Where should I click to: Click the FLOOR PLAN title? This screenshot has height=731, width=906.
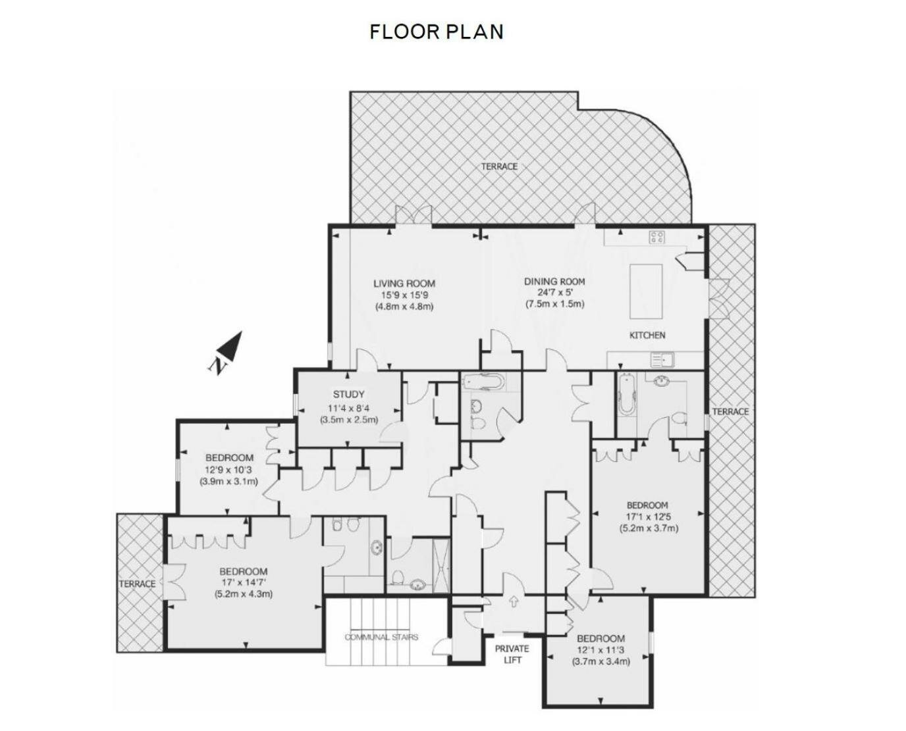(x=436, y=32)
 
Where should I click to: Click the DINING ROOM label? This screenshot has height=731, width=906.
(x=554, y=282)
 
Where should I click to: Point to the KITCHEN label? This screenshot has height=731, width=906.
(x=647, y=335)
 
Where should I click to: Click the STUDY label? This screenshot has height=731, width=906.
(x=348, y=395)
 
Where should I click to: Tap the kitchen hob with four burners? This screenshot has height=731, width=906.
(x=656, y=238)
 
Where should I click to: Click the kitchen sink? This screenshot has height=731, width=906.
(x=660, y=359)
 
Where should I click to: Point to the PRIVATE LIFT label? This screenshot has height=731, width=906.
(x=512, y=654)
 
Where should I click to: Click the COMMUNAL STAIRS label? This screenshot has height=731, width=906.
(x=381, y=637)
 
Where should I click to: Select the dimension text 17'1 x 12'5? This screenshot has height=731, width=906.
(x=648, y=517)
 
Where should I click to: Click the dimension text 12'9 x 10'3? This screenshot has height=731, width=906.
(x=228, y=470)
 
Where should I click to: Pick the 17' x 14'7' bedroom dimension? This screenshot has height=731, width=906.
(x=243, y=582)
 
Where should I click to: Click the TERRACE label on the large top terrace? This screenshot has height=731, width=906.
(x=498, y=166)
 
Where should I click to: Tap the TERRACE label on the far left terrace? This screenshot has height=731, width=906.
(x=137, y=584)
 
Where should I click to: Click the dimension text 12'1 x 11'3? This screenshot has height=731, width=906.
(x=600, y=650)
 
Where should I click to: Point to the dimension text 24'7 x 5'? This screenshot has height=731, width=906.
(x=554, y=293)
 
